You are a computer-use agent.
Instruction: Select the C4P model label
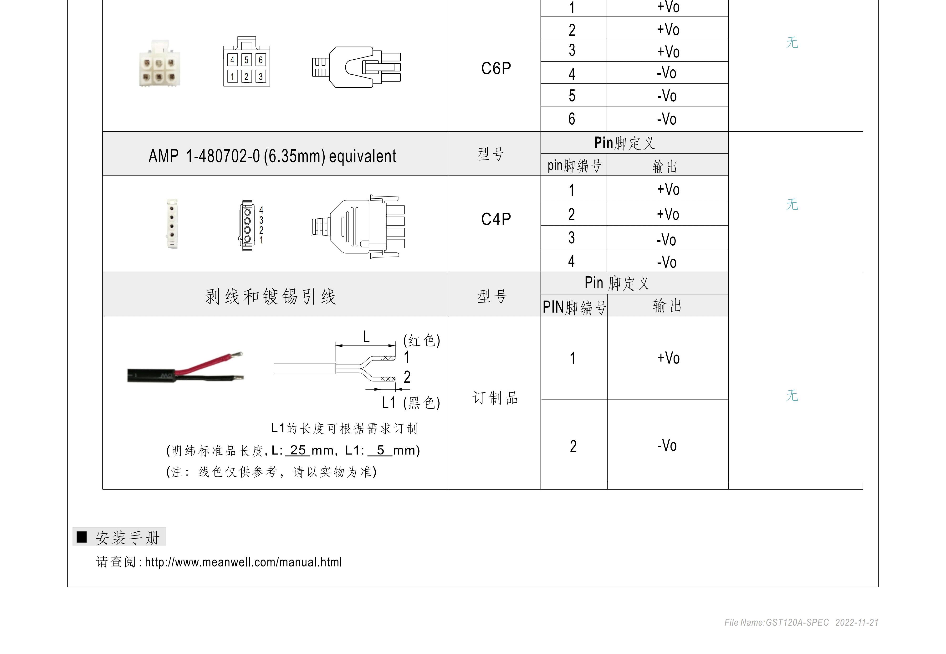point(496,219)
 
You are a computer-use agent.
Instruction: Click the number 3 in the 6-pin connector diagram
point(260,77)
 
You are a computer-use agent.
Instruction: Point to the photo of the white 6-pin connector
point(160,63)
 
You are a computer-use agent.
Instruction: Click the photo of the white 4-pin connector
point(172,223)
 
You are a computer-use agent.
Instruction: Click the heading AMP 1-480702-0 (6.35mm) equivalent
point(272,156)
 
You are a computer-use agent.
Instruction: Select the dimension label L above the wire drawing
point(367,337)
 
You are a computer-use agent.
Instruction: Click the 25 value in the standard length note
point(298,450)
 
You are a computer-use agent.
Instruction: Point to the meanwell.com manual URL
point(243,562)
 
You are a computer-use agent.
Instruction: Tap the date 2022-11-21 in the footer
point(857,623)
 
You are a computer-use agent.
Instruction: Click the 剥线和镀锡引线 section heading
point(271,296)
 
